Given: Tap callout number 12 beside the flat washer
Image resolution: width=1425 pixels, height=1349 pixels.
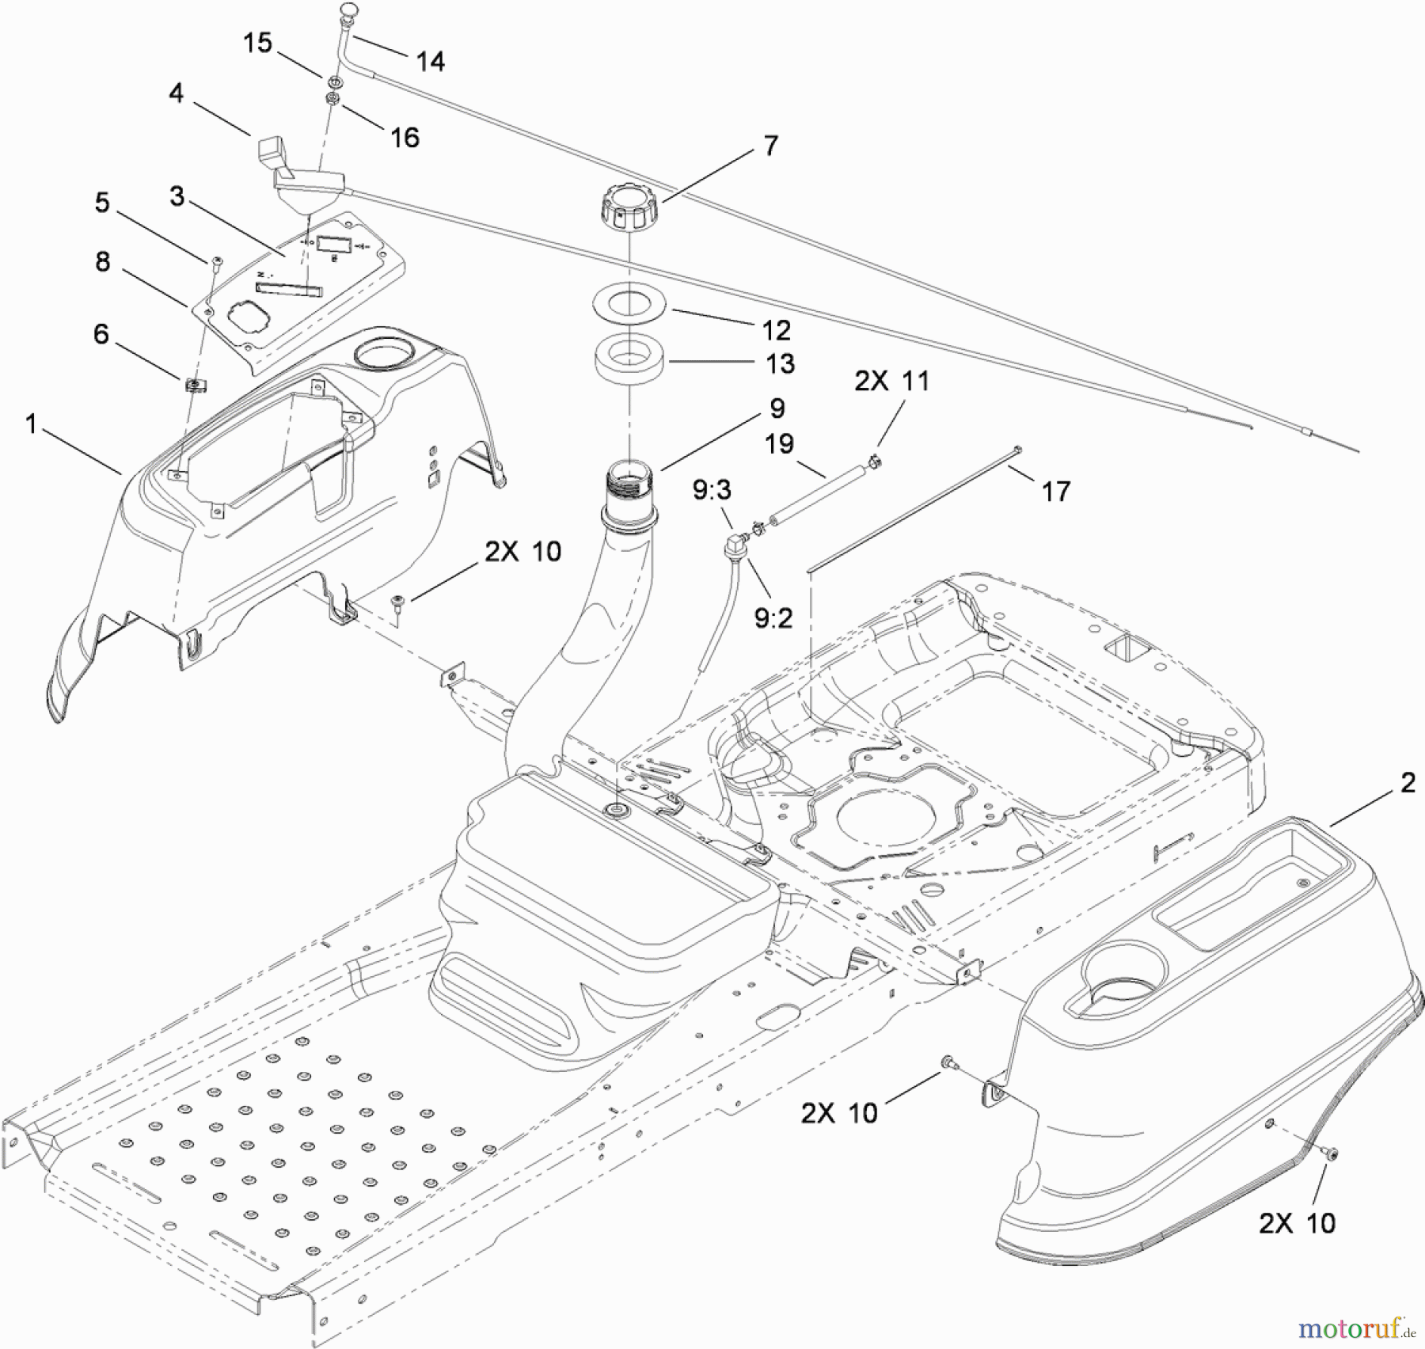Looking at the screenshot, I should click(x=776, y=329).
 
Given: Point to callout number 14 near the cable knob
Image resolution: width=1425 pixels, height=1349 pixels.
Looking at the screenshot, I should click(x=430, y=61).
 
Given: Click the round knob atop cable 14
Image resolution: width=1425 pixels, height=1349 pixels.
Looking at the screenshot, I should click(x=348, y=10).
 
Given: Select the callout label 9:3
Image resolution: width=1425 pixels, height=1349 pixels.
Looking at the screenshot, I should click(x=712, y=491).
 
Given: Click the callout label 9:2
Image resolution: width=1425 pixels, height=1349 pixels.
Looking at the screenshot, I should click(x=773, y=617).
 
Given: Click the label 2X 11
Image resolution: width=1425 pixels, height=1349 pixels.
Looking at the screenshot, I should click(x=891, y=381).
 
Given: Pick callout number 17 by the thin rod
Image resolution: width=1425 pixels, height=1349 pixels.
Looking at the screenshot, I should click(x=1056, y=491).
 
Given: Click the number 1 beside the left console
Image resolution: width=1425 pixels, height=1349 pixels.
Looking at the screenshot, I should click(x=31, y=424).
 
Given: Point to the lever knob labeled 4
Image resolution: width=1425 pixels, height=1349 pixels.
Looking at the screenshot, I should click(x=272, y=150).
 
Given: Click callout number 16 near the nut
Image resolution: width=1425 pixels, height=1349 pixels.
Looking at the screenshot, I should click(x=405, y=137).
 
